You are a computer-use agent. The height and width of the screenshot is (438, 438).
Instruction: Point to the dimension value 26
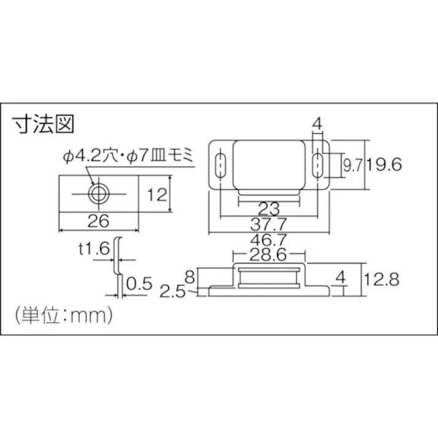point(98,220)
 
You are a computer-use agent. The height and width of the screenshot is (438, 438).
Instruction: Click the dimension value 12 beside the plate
point(157,195)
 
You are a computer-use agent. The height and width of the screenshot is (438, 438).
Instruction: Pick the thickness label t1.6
point(93,249)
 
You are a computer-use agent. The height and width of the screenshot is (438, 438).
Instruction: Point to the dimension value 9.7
point(351,165)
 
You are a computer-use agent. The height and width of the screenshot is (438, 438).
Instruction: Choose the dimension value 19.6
point(385,164)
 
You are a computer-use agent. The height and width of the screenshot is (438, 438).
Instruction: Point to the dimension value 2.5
point(173,290)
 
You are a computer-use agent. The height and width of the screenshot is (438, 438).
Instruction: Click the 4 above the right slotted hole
point(318,125)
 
